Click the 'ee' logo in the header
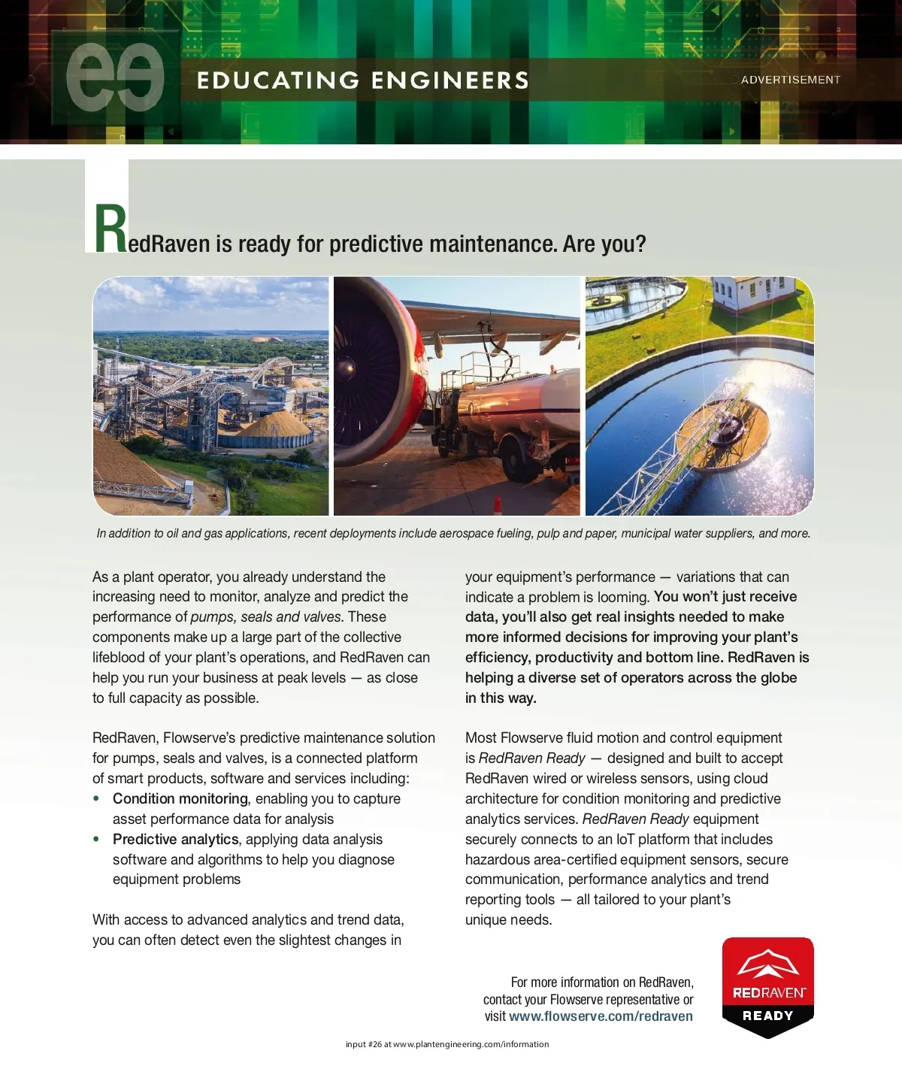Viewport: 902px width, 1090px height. (115, 78)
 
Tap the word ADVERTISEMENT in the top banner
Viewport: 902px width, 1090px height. (790, 80)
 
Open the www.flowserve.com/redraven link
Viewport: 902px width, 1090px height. (601, 1016)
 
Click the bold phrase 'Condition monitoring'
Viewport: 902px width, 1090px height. (180, 798)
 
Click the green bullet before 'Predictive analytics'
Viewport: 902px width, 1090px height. (96, 839)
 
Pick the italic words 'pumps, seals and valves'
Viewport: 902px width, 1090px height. (266, 617)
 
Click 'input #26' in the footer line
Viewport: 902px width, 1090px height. (363, 1044)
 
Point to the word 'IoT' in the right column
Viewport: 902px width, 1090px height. (625, 840)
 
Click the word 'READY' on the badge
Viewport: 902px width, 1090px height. (767, 1016)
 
